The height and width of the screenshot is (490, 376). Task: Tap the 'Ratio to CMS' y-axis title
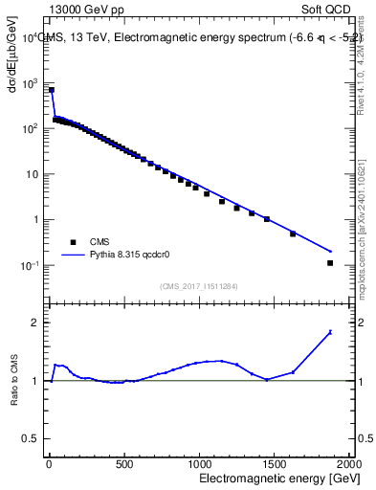click(x=14, y=380)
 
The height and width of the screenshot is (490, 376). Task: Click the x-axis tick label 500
click(x=123, y=464)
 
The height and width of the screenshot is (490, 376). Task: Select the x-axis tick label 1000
click(x=199, y=464)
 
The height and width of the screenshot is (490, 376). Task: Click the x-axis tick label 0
click(x=49, y=464)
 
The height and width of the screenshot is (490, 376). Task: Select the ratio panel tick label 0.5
click(x=32, y=438)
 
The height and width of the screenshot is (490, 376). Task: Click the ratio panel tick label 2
click(x=35, y=323)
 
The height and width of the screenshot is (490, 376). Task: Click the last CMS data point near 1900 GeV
click(x=330, y=263)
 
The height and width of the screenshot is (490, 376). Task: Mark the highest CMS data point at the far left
click(x=52, y=90)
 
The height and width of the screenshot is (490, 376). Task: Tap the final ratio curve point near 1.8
click(x=330, y=332)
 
